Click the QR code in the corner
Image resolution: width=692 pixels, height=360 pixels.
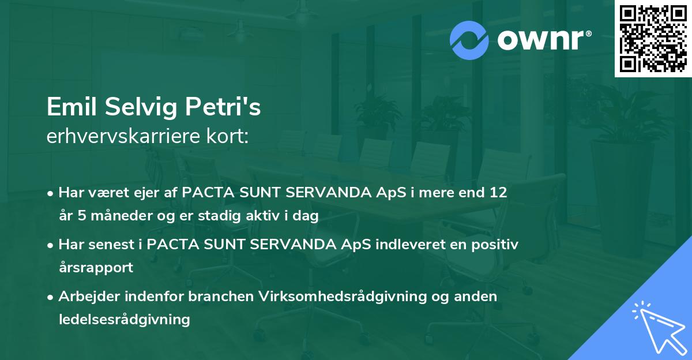point(653,38)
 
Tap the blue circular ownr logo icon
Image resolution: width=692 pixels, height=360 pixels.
point(469,40)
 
